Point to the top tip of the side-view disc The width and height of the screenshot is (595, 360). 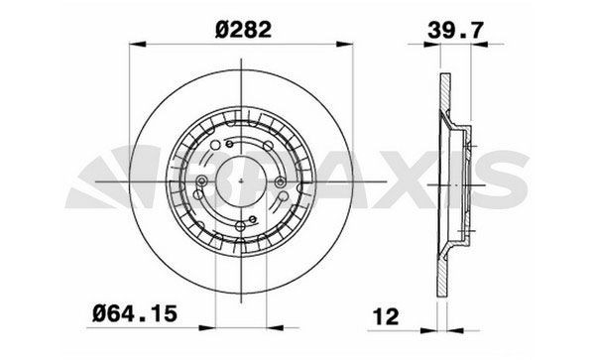(x=439, y=76)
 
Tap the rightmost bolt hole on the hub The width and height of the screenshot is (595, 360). (x=282, y=182)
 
